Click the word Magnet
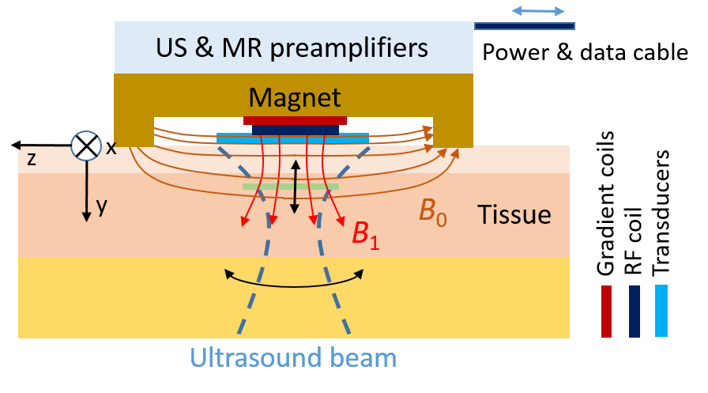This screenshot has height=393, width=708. (x=295, y=97)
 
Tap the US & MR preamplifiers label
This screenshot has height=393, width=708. (x=292, y=48)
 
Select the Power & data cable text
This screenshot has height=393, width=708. (x=586, y=52)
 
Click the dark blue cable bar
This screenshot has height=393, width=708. (x=525, y=26)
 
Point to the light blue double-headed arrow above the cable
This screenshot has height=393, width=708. (x=538, y=11)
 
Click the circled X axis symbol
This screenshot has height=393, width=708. (x=86, y=145)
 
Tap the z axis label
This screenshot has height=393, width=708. (x=31, y=159)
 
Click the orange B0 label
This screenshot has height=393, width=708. (x=433, y=211)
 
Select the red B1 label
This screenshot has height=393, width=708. (x=366, y=235)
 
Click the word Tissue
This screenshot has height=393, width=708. (x=514, y=214)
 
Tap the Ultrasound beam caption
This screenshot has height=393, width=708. (x=293, y=357)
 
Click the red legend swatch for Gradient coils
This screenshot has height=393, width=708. (x=606, y=312)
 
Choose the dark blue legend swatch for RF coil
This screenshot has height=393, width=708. (x=635, y=312)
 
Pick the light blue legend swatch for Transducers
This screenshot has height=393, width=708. (x=661, y=311)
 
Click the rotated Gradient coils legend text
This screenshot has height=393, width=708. (x=605, y=203)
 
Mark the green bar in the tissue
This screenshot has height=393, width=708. (x=291, y=187)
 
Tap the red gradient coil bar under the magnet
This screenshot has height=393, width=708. (x=295, y=121)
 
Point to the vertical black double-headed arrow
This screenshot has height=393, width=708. (x=295, y=187)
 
